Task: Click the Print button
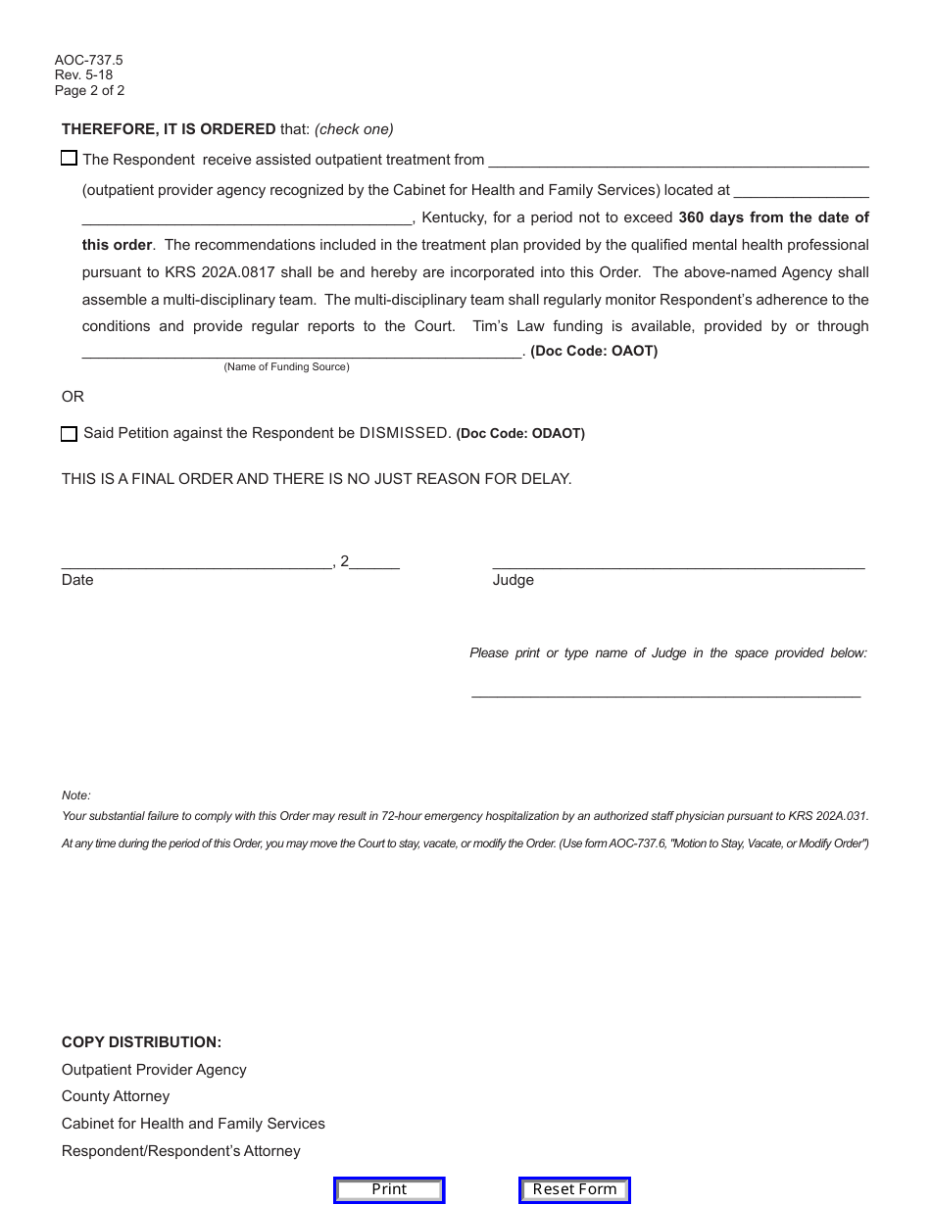[x=389, y=1189]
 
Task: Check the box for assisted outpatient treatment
[x=69, y=159]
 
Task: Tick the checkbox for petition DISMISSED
[x=69, y=433]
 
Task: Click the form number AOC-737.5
[x=89, y=61]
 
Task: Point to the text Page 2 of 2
[x=90, y=91]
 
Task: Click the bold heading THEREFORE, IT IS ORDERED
[x=169, y=129]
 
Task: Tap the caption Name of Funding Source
[x=286, y=367]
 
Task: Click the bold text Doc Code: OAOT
[x=594, y=351]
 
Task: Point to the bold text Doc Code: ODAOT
[x=520, y=433]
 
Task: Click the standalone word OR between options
[x=73, y=397]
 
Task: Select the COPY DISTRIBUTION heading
[x=141, y=1042]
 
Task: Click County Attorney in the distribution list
[x=116, y=1096]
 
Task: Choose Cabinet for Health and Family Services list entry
[x=193, y=1124]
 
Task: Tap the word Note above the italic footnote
[x=75, y=795]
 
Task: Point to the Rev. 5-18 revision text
[x=83, y=75]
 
